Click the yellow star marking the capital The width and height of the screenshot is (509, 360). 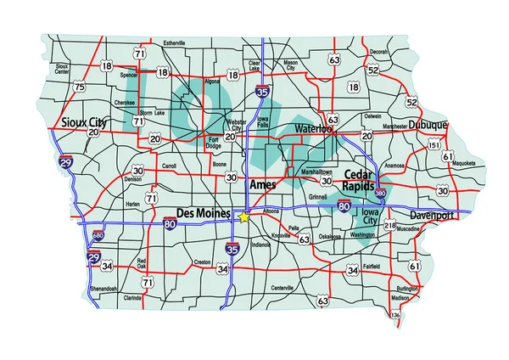[x=244, y=217]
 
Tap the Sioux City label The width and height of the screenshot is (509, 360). [x=81, y=121]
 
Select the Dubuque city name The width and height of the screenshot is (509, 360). [x=427, y=124]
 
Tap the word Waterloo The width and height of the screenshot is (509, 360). [x=316, y=128]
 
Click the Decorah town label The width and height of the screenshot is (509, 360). [x=378, y=52]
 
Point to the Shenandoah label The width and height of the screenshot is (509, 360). [x=106, y=290]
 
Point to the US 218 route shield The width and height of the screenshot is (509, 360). [x=390, y=226]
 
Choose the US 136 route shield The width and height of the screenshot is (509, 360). [x=395, y=316]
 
